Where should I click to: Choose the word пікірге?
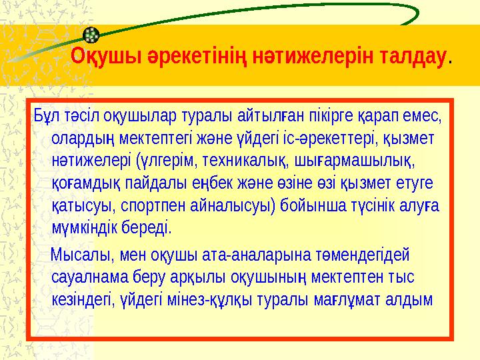pos(328,117)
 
